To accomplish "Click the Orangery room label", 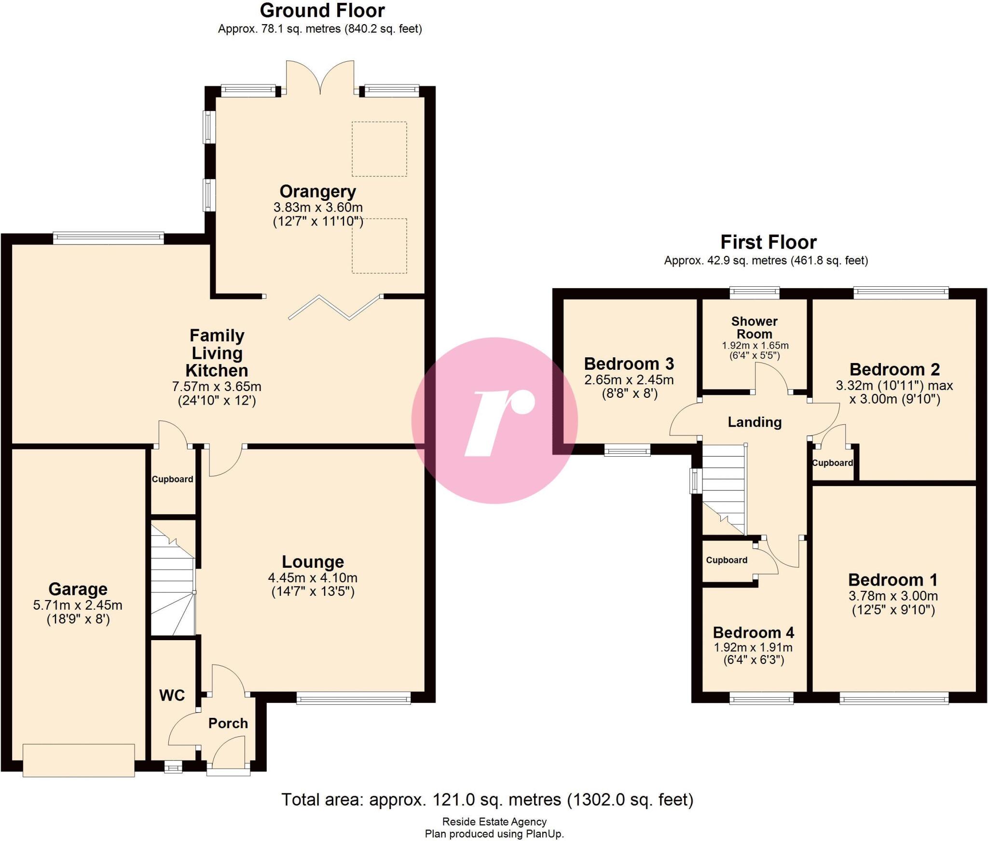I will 317,192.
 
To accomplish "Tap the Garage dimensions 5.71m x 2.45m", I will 78,605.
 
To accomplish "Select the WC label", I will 172,695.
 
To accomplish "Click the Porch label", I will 228,723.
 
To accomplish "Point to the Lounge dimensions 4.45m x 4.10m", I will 313,577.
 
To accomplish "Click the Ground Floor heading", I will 322,11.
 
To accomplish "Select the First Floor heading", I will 768,242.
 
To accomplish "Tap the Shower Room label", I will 755,327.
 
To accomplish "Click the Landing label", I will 755,422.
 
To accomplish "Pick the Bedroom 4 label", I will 753,632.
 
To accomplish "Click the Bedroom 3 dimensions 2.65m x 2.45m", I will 629,380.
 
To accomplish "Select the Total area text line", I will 487,800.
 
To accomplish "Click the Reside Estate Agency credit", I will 494,822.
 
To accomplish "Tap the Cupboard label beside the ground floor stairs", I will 172,479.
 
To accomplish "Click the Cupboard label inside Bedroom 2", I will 832,463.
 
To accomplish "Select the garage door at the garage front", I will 79,760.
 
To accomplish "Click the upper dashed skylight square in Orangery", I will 379,149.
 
